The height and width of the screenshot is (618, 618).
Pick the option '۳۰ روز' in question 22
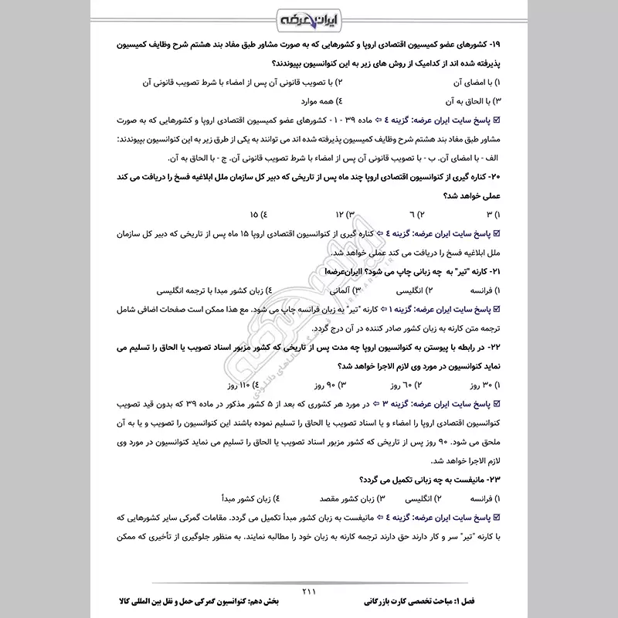(x=481, y=384)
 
